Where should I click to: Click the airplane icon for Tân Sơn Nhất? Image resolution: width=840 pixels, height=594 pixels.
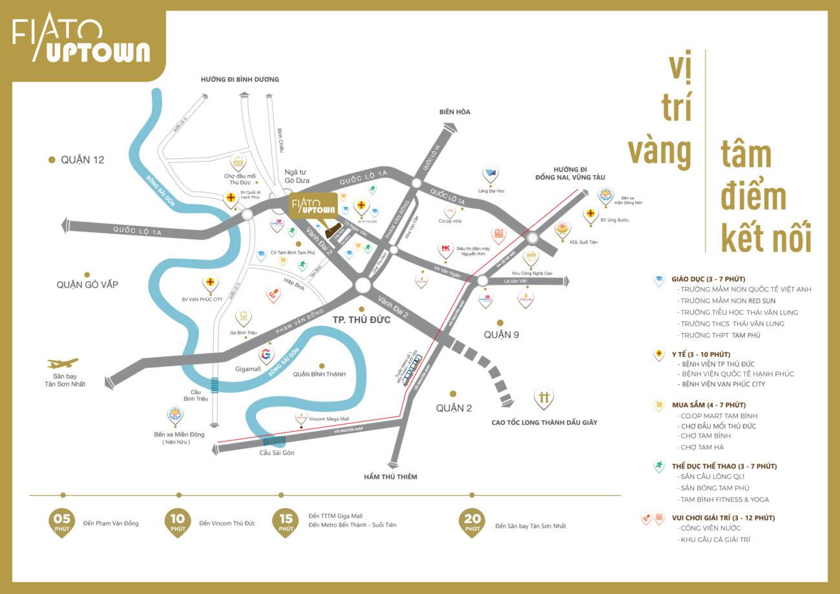tap(63, 363)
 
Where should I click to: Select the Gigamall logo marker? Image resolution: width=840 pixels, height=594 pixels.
tap(266, 355)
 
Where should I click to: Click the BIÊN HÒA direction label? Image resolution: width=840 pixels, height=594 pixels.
tap(455, 112)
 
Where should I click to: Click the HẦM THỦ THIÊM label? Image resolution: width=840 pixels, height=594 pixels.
tap(390, 476)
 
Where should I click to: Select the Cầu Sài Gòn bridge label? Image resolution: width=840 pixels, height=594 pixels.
tap(277, 452)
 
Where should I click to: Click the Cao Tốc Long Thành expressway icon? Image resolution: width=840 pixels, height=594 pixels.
tap(544, 398)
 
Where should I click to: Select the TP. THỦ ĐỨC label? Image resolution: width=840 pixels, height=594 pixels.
tap(361, 319)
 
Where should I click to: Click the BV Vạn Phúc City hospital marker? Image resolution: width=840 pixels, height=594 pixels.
tap(211, 283)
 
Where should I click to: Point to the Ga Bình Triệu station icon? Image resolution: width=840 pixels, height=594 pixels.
tap(243, 317)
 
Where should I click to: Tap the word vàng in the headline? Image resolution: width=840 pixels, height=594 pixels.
tap(659, 150)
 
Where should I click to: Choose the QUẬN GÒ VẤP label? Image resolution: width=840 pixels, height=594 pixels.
tap(87, 284)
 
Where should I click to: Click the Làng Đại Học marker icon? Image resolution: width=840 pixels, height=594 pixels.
tap(490, 175)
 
